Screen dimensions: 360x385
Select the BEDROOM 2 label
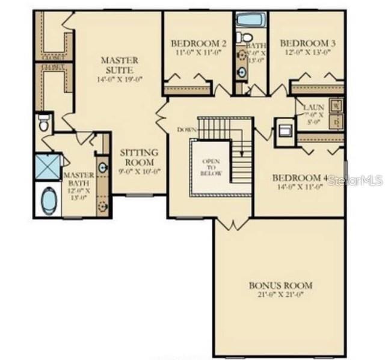[x=190, y=44]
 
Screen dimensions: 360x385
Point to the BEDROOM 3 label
[x=307, y=44]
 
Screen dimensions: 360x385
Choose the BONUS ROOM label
[x=281, y=285]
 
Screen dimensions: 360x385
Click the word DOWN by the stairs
[x=186, y=129]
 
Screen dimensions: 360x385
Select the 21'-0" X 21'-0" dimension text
[x=281, y=295]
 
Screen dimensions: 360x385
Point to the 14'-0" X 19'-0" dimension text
[x=119, y=79]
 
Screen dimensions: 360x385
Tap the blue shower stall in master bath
[x=48, y=167]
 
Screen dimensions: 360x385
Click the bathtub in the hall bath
[x=248, y=19]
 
